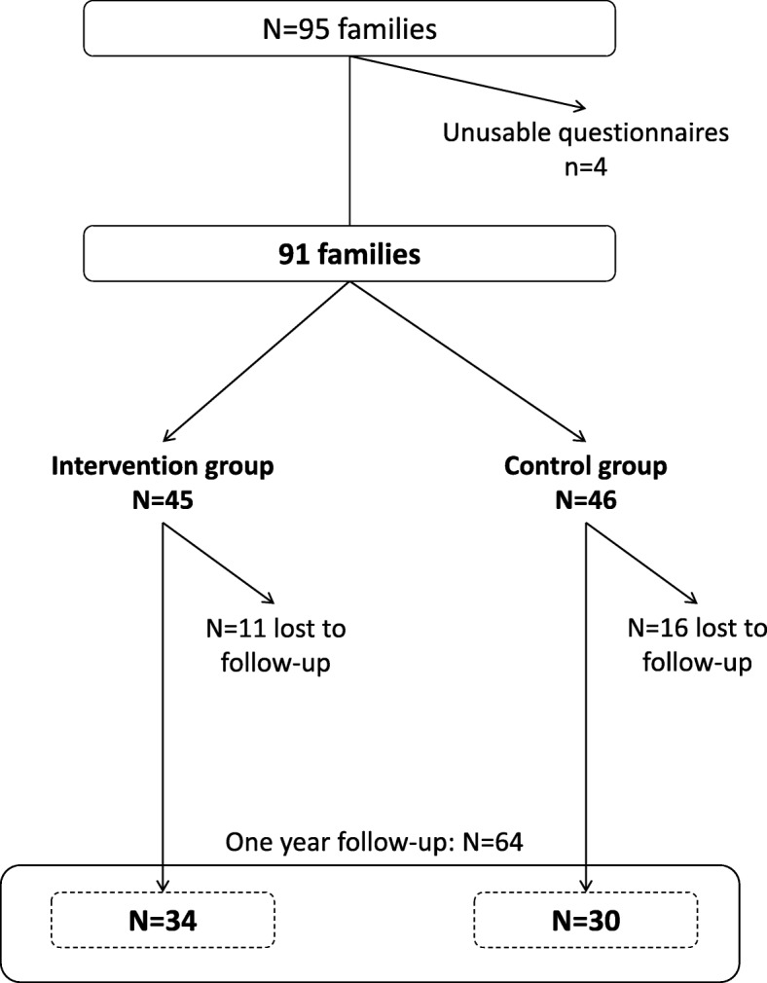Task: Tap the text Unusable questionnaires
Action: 586,133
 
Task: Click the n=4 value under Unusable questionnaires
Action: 586,166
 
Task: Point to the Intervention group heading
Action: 163,466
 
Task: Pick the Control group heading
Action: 586,466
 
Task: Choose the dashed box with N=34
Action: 164,919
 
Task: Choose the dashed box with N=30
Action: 585,919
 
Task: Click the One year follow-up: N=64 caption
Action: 375,841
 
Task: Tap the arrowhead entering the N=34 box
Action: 164,888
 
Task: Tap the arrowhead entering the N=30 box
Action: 586,888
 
